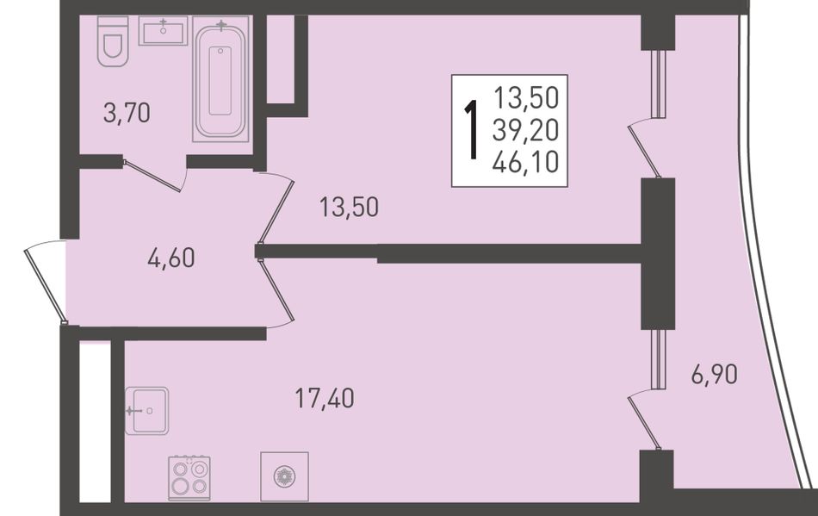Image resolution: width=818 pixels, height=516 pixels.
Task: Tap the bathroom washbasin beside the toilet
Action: click(x=164, y=31)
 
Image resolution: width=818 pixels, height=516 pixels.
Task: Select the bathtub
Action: click(x=221, y=78)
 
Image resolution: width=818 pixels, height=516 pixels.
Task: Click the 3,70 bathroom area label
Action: click(x=127, y=113)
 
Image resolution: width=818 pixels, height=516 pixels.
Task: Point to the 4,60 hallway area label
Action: click(x=171, y=258)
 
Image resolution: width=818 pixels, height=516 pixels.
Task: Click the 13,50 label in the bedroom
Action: click(x=349, y=207)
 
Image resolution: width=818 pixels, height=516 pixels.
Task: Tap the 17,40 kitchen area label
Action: click(x=325, y=398)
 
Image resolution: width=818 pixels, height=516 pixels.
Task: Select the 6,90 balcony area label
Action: click(x=715, y=374)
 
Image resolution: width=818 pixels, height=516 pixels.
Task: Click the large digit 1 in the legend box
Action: click(x=472, y=130)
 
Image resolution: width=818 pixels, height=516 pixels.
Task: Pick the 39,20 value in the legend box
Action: click(x=526, y=130)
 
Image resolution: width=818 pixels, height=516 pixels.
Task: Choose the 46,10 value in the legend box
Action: click(x=526, y=162)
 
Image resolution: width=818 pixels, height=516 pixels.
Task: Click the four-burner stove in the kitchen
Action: click(x=189, y=477)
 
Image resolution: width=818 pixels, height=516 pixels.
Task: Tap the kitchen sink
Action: click(x=146, y=411)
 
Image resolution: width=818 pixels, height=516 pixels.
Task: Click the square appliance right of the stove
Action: click(x=284, y=476)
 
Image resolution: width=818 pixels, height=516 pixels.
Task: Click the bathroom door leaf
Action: click(x=153, y=176)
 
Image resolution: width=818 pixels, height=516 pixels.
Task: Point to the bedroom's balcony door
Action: click(x=643, y=150)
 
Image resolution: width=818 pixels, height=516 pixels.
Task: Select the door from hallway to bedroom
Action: click(x=276, y=208)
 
